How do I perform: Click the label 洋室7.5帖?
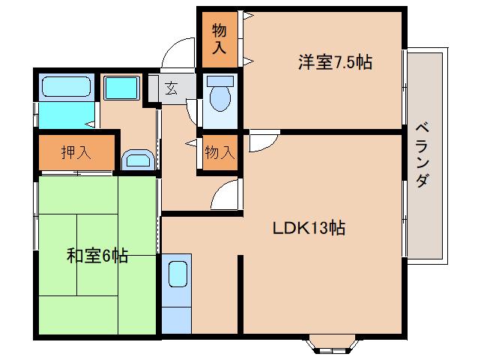click(x=335, y=62)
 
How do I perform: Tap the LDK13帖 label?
click(x=309, y=227)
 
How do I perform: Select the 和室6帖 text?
click(x=97, y=255)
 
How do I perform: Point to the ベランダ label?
click(x=423, y=154)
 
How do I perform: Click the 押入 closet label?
click(x=76, y=152)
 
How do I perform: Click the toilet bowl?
click(x=220, y=97)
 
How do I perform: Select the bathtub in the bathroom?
click(x=67, y=87)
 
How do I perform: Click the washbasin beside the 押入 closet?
click(x=138, y=160)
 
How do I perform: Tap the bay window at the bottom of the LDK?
click(x=332, y=345)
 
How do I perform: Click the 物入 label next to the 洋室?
click(x=220, y=39)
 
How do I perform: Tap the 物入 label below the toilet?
click(x=220, y=152)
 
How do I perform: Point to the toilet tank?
click(x=220, y=81)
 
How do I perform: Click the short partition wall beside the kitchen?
click(x=240, y=295)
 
